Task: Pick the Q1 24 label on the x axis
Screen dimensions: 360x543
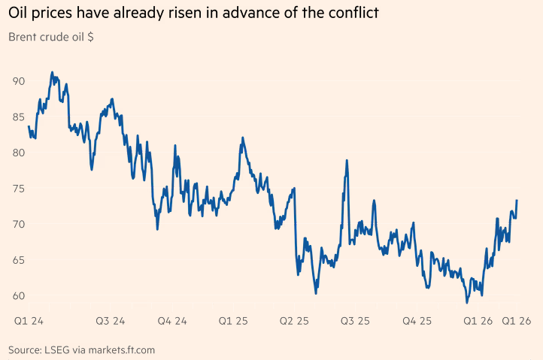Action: click(x=29, y=321)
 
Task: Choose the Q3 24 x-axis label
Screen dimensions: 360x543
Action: click(x=111, y=321)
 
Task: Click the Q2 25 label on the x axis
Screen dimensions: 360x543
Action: click(x=294, y=321)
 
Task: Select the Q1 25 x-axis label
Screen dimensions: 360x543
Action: click(x=233, y=321)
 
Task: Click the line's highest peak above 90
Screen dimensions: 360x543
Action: click(x=52, y=73)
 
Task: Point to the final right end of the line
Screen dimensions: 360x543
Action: click(x=517, y=201)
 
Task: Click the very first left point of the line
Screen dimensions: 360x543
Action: click(x=29, y=126)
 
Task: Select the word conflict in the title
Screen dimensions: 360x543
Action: click(x=346, y=13)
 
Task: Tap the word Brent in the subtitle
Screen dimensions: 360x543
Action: click(x=23, y=36)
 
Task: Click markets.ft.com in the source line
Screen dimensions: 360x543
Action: click(x=123, y=349)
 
